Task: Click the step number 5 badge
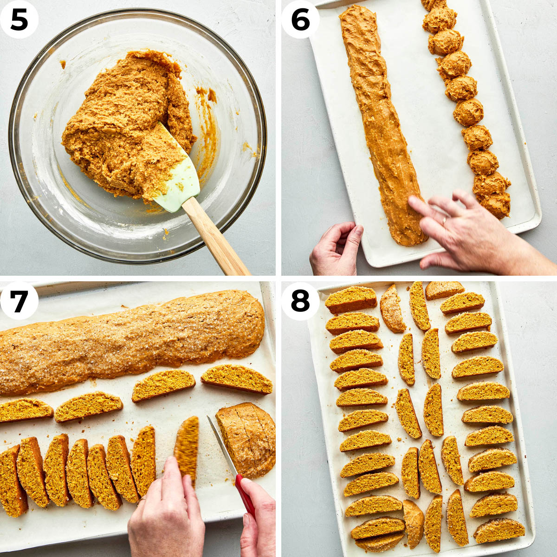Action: click(x=19, y=19)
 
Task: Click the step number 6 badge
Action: click(x=300, y=19)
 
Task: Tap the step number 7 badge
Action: click(x=19, y=300)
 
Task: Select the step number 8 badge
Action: click(x=300, y=300)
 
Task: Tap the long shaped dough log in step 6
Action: click(x=381, y=125)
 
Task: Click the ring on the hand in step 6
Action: click(x=444, y=221)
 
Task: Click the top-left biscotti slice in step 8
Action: click(x=351, y=299)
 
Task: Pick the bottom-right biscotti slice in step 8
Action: click(x=499, y=531)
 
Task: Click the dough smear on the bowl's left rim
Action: click(x=62, y=63)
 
